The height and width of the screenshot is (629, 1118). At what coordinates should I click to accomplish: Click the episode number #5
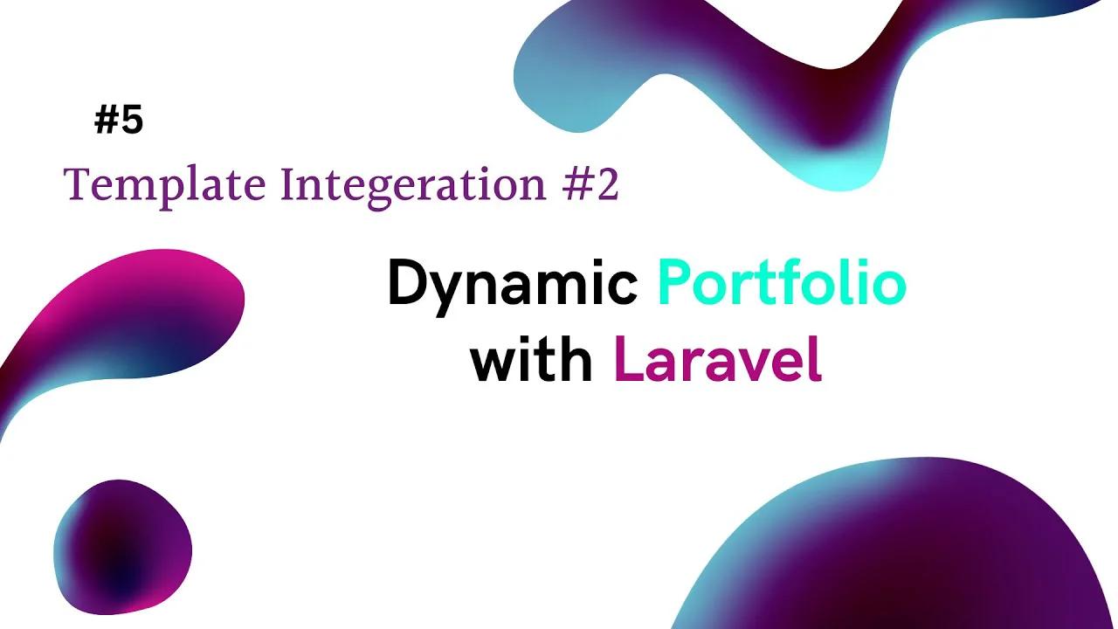[x=119, y=121]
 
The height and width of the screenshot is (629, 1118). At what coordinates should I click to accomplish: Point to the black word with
[x=532, y=361]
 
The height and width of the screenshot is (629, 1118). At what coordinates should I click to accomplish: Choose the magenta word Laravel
[x=718, y=361]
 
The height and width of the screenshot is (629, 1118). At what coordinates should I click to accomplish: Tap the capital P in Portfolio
[x=673, y=284]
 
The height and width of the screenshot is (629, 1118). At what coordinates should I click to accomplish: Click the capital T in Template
[x=76, y=184]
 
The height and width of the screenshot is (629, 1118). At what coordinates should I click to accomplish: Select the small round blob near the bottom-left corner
[x=122, y=546]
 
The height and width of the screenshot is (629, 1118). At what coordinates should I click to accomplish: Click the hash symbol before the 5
[x=106, y=121]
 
